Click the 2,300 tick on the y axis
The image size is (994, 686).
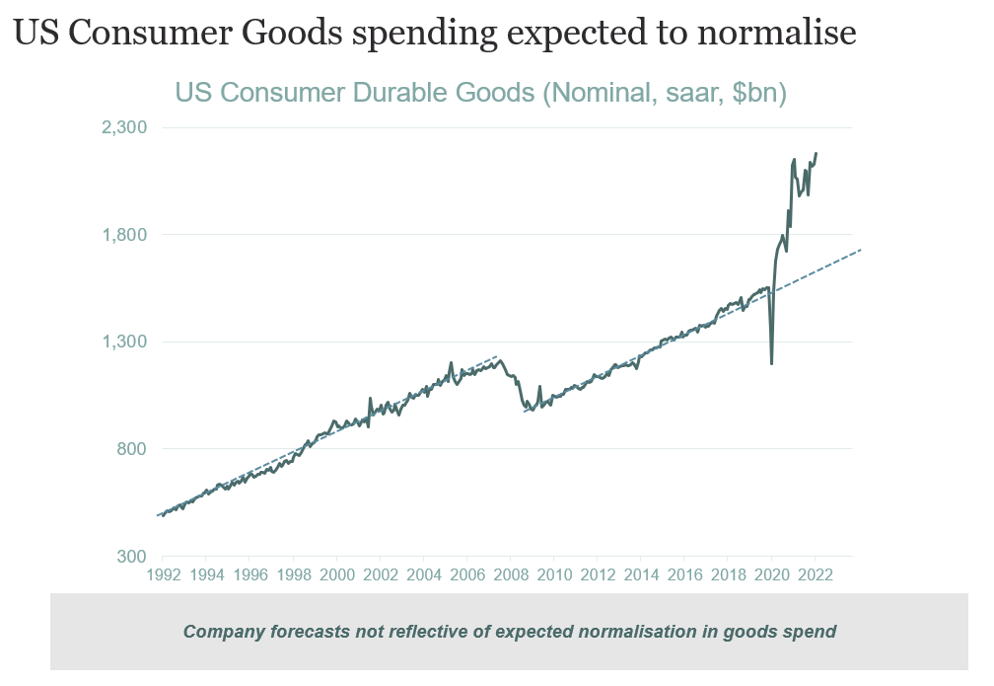tap(125, 127)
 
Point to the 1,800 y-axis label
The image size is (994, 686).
tap(125, 235)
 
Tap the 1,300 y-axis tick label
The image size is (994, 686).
tap(125, 342)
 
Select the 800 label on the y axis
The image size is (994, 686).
tap(131, 449)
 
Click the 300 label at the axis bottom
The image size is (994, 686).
tap(131, 556)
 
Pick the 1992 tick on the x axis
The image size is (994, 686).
tap(163, 574)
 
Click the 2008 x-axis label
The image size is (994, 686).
tap(511, 574)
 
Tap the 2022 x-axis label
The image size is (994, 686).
tap(816, 574)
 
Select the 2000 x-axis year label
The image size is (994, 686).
tap(337, 574)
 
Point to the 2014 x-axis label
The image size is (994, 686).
tap(641, 574)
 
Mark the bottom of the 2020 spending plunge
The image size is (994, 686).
tap(771, 364)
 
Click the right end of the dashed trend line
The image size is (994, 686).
tap(862, 250)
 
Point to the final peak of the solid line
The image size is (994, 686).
tap(816, 154)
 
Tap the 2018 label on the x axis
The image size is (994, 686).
tap(729, 574)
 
